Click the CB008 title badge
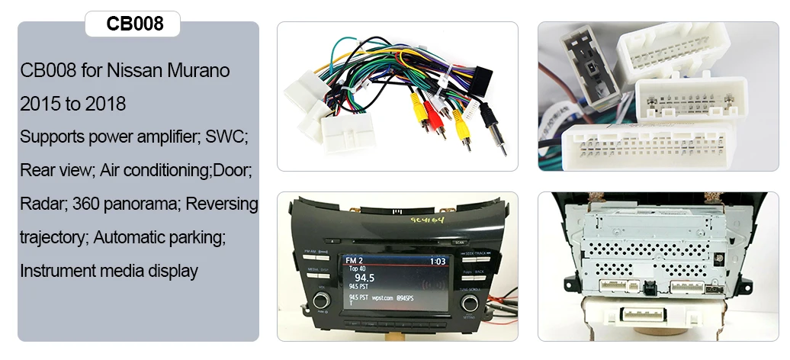click(x=135, y=24)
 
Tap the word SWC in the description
click(x=226, y=138)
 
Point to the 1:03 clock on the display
click(x=438, y=261)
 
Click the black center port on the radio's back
click(x=650, y=288)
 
